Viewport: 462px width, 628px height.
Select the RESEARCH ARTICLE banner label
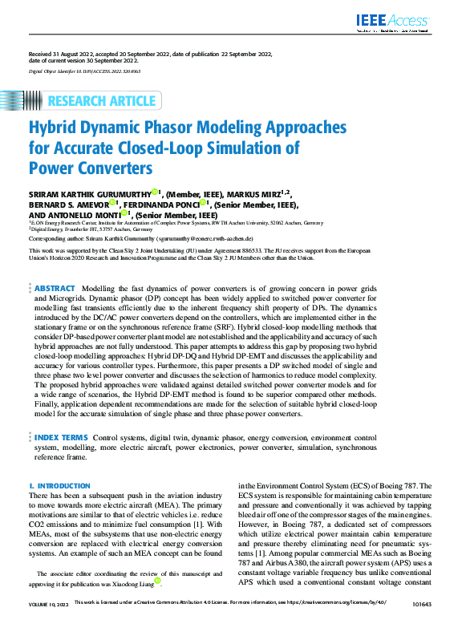(102, 100)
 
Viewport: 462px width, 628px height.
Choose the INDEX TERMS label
(62, 437)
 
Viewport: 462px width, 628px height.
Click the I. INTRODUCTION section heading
(59, 486)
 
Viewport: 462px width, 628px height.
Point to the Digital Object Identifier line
(84, 71)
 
